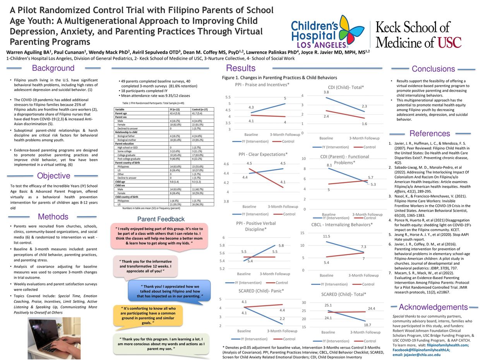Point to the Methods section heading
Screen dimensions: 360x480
53,217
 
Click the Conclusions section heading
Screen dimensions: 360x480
433,69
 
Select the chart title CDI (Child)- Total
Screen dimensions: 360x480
343,87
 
